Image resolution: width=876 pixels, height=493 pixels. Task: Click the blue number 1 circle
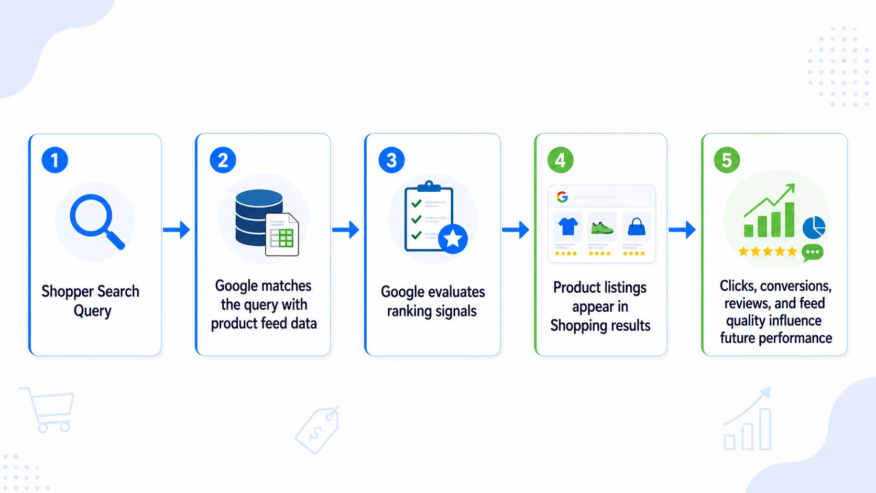[54, 160]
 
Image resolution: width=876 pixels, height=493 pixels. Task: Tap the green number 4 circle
[561, 160]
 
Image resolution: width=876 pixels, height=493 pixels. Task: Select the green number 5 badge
[727, 160]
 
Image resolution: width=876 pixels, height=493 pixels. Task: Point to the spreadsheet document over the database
[282, 235]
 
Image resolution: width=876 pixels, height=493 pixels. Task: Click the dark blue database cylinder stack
[258, 217]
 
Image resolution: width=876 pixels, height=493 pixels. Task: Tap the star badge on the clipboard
[453, 238]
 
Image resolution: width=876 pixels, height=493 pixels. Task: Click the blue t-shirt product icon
[568, 226]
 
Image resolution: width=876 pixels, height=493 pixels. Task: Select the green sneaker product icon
[602, 227]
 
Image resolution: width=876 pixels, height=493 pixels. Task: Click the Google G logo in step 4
[562, 196]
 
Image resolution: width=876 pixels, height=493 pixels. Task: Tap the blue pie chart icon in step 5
[814, 227]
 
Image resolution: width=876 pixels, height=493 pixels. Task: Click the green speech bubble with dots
[812, 253]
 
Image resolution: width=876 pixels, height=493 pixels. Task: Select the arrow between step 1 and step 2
[177, 229]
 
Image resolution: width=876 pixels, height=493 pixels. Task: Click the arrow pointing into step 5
[682, 229]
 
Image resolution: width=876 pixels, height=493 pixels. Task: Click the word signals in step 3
[456, 312]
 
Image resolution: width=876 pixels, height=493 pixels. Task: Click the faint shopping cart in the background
[48, 409]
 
